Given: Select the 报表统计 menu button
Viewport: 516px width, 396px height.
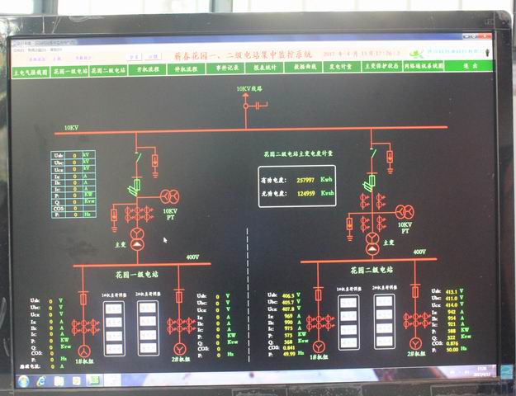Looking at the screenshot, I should [264, 68].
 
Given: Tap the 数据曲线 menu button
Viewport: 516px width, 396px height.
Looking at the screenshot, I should [305, 68].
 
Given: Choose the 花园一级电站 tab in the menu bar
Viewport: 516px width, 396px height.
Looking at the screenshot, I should [70, 71].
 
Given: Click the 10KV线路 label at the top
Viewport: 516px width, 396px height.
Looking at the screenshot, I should [249, 88].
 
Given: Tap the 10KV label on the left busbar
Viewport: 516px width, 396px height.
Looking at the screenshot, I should [72, 128].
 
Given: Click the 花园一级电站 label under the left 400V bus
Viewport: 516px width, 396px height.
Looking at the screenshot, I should [139, 271].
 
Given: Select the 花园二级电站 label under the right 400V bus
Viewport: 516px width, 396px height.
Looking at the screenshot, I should [372, 269].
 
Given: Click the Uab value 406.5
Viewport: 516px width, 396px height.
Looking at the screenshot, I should [287, 295].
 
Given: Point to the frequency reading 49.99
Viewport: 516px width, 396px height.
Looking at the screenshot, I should [288, 354].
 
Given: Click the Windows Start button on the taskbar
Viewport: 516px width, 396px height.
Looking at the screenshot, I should [22, 381].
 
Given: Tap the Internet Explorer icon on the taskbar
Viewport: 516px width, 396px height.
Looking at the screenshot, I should [40, 381].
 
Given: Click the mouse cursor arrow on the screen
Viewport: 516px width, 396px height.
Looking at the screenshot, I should [164, 240].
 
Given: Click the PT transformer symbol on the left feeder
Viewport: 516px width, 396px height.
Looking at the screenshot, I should [169, 196].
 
